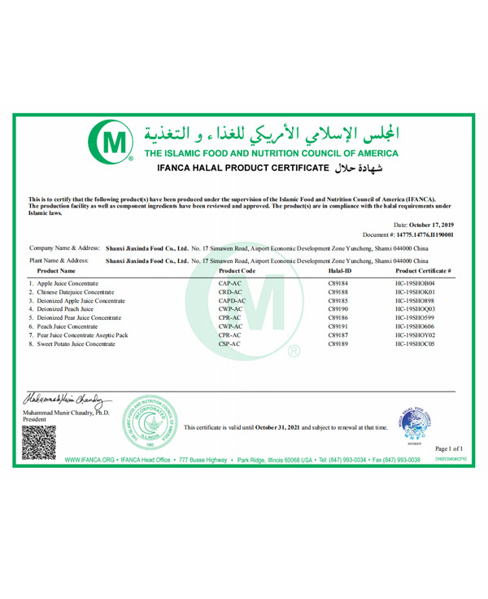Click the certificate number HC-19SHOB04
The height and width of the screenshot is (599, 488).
tap(422, 281)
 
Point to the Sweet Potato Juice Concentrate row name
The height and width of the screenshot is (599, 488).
tap(72, 344)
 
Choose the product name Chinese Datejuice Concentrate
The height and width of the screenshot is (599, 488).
tap(71, 291)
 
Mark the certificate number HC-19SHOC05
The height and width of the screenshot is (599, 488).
tap(422, 344)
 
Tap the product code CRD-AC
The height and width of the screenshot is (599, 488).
tap(231, 291)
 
